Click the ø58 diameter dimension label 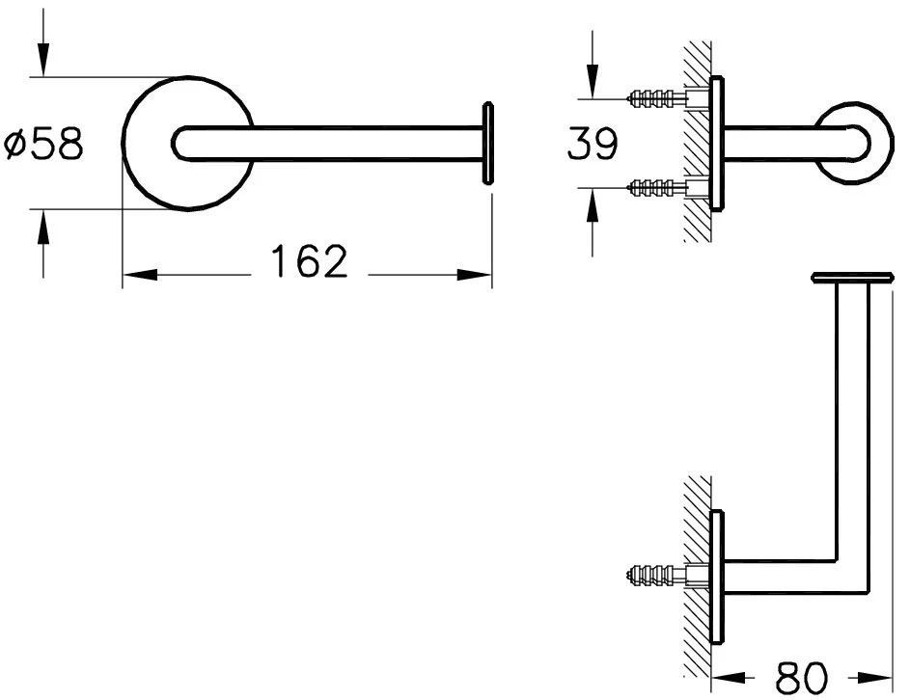(43, 145)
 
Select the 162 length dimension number (308, 261)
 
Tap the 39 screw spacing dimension (591, 145)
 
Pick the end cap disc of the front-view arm (488, 140)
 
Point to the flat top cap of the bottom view (850, 279)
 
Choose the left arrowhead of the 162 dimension (135, 275)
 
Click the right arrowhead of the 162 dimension (480, 275)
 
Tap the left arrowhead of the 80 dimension (725, 678)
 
